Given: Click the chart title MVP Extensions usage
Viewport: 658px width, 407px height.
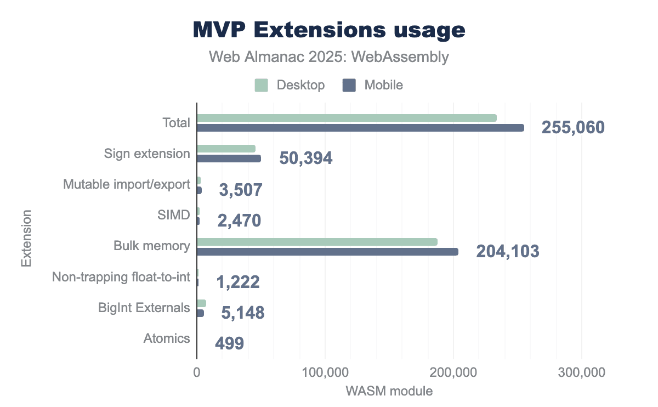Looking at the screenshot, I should coord(329,31).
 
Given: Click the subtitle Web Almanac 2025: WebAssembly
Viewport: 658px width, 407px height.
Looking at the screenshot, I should coord(329,57).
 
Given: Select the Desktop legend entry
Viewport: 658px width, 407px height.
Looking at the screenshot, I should coord(290,85).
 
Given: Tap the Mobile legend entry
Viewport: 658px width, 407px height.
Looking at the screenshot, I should coord(373,85).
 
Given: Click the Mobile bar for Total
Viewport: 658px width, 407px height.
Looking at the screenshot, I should coord(360,128).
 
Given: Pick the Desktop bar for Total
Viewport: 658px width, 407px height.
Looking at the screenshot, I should coord(347,118).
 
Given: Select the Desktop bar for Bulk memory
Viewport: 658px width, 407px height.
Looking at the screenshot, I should coord(317,242).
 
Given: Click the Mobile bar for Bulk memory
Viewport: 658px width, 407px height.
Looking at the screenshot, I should coord(327,252).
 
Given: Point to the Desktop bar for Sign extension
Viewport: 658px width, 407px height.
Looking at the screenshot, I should coord(226,149).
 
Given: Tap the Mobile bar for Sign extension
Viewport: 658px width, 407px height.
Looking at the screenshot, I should coord(229,159).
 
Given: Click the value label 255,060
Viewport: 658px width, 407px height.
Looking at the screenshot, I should coord(573,128).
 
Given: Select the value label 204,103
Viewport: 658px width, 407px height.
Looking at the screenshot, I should coord(508,252).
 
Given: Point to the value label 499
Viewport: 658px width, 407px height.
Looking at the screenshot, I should coord(229,344).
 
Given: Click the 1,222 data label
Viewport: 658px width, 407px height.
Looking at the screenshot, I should coord(238,282).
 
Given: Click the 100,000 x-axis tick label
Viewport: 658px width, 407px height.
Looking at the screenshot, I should coord(325,373).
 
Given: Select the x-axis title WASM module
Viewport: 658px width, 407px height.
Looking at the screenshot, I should coord(389,392).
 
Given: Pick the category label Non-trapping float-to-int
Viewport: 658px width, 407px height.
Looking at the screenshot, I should coord(121,278).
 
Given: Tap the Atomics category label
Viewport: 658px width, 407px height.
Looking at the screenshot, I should coord(167,338).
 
